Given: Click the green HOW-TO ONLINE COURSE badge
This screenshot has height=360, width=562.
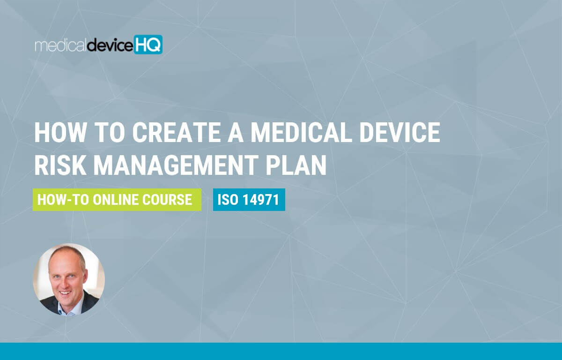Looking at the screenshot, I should (x=117, y=200).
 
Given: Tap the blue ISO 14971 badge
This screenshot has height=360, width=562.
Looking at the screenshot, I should (x=249, y=200).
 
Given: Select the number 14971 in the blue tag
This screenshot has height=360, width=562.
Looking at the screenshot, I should (x=260, y=200).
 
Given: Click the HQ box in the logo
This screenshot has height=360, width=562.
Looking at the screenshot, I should (x=148, y=45).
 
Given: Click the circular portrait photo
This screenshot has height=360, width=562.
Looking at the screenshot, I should (x=69, y=279).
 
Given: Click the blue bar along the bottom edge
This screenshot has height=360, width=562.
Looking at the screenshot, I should (x=281, y=351).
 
